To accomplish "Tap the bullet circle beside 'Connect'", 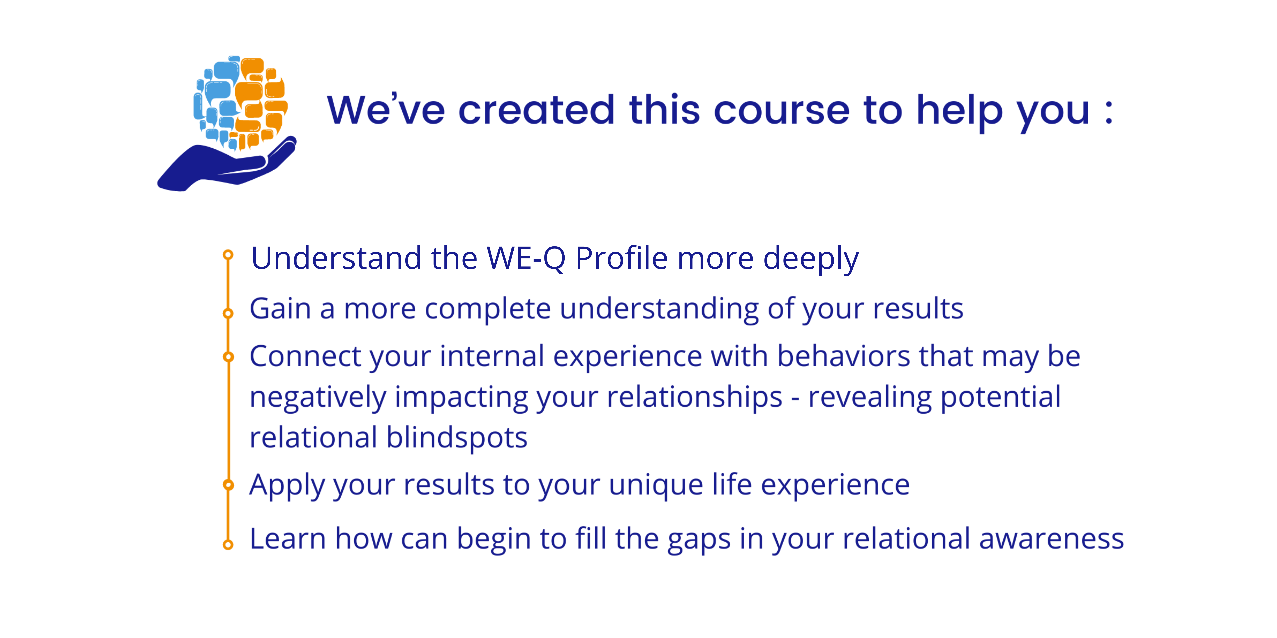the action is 228,357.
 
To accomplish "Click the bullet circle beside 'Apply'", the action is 228,484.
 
